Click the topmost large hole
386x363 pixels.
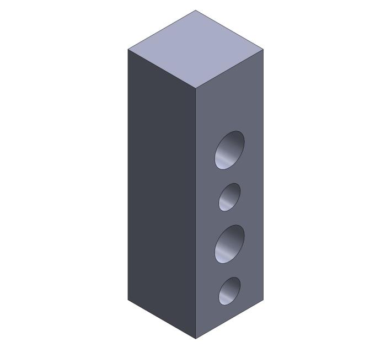pyautogui.click(x=229, y=150)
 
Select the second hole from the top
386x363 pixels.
pyautogui.click(x=229, y=197)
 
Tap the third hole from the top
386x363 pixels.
pyautogui.click(x=229, y=243)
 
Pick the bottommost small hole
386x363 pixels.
pyautogui.click(x=229, y=291)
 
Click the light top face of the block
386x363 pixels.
pyautogui.click(x=196, y=49)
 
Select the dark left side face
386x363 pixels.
pyautogui.click(x=162, y=193)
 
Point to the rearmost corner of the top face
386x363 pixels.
pyautogui.click(x=195, y=10)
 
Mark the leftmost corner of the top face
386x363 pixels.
pyautogui.click(x=128, y=49)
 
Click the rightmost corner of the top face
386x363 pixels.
pyautogui.click(x=263, y=49)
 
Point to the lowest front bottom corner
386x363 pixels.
pyautogui.click(x=196, y=339)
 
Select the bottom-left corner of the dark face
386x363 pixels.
pyautogui.click(x=128, y=300)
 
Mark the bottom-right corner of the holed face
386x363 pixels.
pyautogui.click(x=263, y=300)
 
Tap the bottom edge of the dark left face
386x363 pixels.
pyautogui.click(x=162, y=319)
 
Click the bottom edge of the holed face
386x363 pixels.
pyautogui.click(x=229, y=319)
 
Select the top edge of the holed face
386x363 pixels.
pyautogui.click(x=229, y=69)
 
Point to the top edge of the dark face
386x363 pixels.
pyautogui.click(x=162, y=69)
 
